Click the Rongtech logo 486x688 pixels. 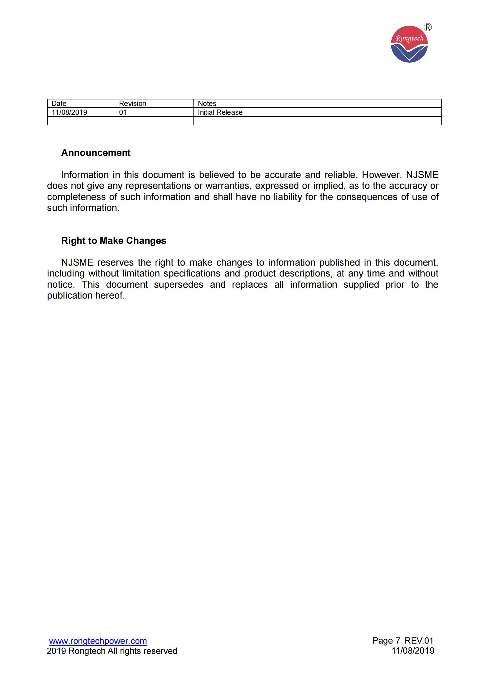coord(409,44)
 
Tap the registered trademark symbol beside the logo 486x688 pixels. coord(428,28)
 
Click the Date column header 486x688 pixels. coord(59,103)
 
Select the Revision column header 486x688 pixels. coord(132,103)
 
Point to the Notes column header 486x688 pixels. coord(207,103)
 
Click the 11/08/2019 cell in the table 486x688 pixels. coord(69,112)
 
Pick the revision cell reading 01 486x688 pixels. coord(123,112)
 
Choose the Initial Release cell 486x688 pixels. coord(220,112)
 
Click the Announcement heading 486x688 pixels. coord(96,153)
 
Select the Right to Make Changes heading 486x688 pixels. coord(113,241)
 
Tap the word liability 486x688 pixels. coord(288,197)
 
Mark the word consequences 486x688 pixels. coord(367,197)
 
